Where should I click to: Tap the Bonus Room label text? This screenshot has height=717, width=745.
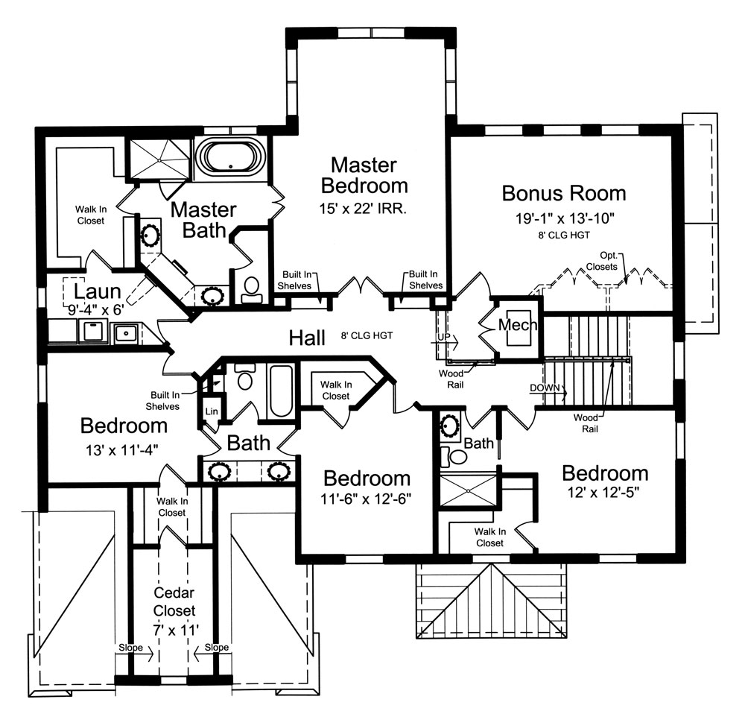pyautogui.click(x=563, y=193)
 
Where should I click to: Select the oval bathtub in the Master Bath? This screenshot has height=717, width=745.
pyautogui.click(x=230, y=157)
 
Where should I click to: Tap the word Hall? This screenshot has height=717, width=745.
pyautogui.click(x=308, y=338)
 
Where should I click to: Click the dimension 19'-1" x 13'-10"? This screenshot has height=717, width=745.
pyautogui.click(x=563, y=218)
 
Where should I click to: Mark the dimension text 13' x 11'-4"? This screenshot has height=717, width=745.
pyautogui.click(x=124, y=449)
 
